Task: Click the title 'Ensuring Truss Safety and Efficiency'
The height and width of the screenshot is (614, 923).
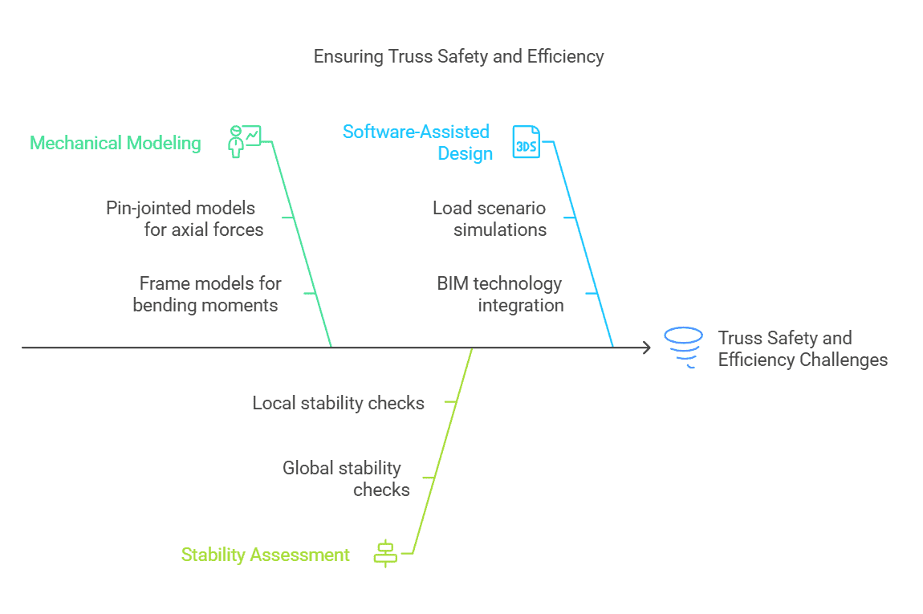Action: coord(458,56)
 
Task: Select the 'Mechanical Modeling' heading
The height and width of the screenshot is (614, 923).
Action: coord(116,143)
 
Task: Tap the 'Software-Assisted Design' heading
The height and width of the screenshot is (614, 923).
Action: coord(417,142)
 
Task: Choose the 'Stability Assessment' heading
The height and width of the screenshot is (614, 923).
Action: coord(265,555)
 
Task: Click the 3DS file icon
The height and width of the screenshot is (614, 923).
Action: coord(526,142)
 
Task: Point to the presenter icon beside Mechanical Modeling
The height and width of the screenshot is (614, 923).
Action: coord(244,141)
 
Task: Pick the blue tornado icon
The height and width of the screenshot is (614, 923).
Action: coord(683,348)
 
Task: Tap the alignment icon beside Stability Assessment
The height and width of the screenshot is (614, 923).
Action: coord(385,553)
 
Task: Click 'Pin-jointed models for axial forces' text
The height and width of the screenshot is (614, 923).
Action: coord(185,218)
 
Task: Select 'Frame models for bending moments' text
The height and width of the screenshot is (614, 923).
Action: coord(206,294)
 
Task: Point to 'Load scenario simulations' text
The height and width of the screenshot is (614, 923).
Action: coord(490,218)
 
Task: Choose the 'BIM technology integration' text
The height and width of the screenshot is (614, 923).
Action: coord(500,294)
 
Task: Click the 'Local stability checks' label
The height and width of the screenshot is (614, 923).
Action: coord(339,403)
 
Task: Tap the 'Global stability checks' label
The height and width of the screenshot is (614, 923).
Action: coord(346,478)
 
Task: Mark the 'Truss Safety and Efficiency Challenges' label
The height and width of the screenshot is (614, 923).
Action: coord(803,348)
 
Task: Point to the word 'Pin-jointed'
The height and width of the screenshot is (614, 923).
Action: coord(147,209)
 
